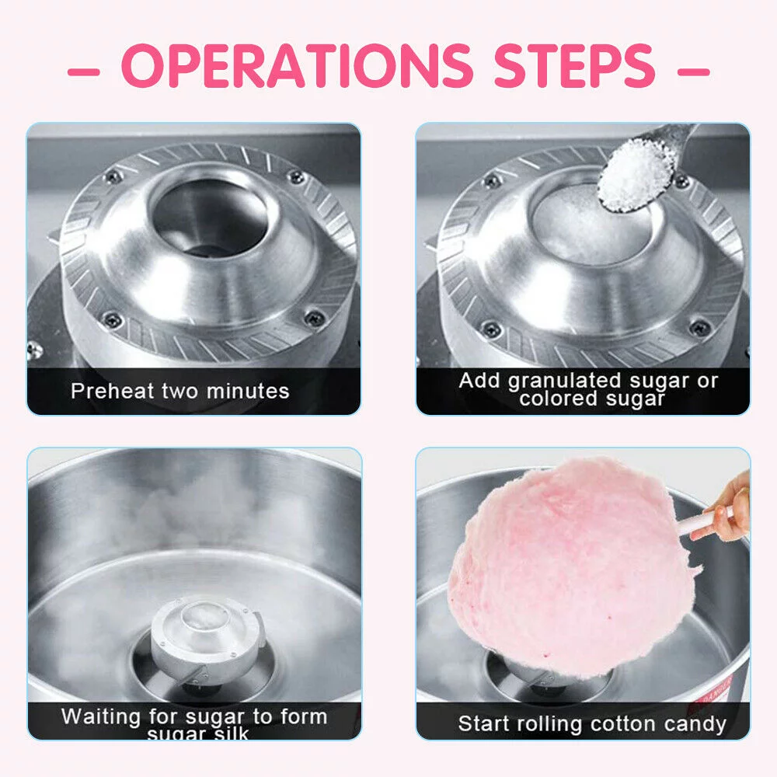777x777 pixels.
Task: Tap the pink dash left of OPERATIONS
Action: point(85,72)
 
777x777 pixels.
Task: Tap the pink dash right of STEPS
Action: point(694,72)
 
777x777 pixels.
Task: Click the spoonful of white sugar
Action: point(636,175)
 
